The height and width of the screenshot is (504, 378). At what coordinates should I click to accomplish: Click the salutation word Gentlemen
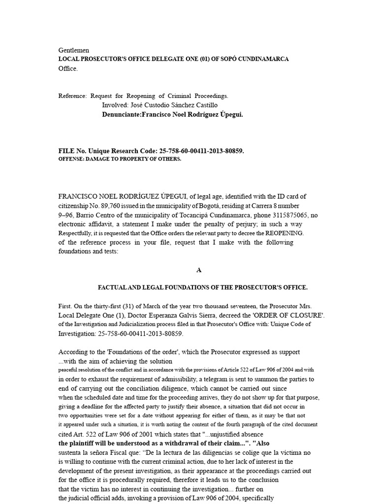pyautogui.click(x=74, y=50)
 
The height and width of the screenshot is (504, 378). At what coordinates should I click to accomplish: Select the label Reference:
pyautogui.click(x=72, y=96)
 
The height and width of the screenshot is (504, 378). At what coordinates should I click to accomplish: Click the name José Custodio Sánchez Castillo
pyautogui.click(x=159, y=105)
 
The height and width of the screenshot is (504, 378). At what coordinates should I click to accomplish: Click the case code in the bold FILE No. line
pyautogui.click(x=201, y=151)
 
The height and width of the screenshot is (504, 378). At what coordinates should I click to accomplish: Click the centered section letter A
pyautogui.click(x=199, y=270)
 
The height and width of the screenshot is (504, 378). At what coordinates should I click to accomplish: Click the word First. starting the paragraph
pyautogui.click(x=66, y=306)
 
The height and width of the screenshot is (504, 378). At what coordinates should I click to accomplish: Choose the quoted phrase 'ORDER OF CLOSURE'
pyautogui.click(x=291, y=315)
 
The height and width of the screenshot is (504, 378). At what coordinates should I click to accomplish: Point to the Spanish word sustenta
pyautogui.click(x=71, y=452)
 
